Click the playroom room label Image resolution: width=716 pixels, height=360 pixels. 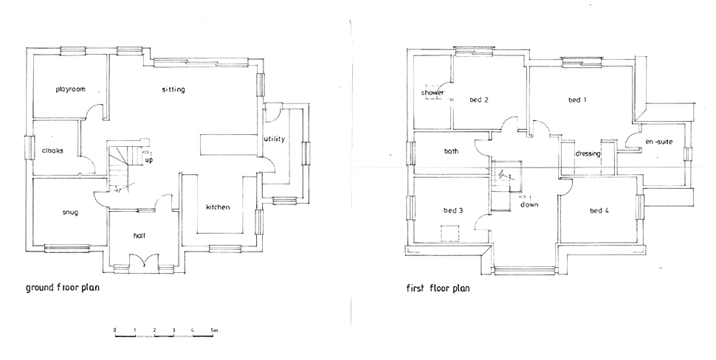tap(70, 89)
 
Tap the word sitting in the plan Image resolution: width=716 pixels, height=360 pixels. tap(173, 89)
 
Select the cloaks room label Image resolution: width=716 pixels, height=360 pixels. tap(52, 150)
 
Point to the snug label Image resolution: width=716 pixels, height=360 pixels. tap(70, 212)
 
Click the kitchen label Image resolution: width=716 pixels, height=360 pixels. tap(218, 207)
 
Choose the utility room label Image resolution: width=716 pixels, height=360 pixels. tap(274, 139)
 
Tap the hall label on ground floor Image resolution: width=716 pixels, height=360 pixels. tap(140, 235)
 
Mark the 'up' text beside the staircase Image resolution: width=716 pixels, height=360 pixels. tap(149, 161)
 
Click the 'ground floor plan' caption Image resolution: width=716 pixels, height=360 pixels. tap(63, 288)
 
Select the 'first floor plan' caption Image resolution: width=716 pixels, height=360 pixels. tap(438, 288)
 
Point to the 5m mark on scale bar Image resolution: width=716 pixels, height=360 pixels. tap(214, 330)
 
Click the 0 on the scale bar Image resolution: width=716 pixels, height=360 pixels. tap(115, 330)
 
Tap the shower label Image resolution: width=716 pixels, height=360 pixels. tap(432, 93)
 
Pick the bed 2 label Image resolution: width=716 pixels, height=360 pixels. tap(479, 100)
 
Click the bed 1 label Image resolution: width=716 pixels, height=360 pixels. tap(578, 100)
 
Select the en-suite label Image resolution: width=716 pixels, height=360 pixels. tap(659, 142)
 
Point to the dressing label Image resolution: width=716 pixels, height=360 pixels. tap(588, 153)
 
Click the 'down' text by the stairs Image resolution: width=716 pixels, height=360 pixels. tap(529, 205)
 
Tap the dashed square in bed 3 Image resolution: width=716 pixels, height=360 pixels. tap(450, 233)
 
